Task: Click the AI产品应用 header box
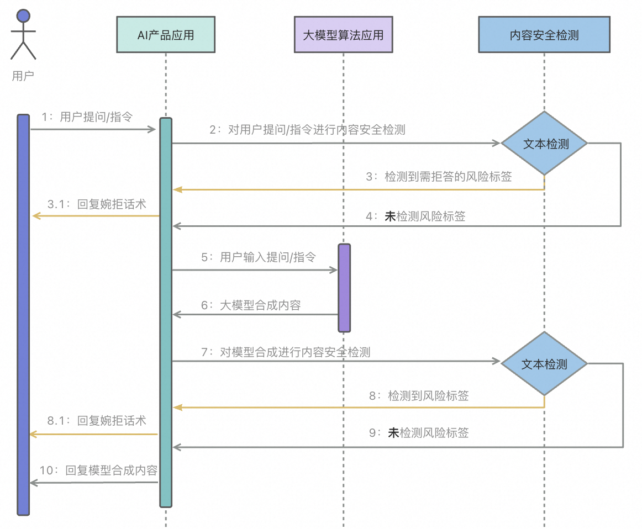[166, 35]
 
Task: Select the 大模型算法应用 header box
[343, 35]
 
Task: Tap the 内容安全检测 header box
[544, 35]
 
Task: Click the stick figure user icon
[23, 34]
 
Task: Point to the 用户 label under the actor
[23, 76]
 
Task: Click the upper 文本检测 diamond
[544, 144]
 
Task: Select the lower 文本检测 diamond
[544, 364]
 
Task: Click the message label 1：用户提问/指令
[87, 117]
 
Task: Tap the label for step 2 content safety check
[307, 130]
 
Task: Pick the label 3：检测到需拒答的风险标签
[439, 177]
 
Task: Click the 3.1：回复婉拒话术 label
[97, 204]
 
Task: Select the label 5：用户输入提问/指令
[259, 257]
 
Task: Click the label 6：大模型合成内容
[251, 305]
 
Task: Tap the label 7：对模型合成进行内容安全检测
[286, 352]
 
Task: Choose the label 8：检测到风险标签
[419, 395]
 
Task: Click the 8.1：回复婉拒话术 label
[97, 421]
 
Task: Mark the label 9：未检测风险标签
[419, 433]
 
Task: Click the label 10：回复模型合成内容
[98, 470]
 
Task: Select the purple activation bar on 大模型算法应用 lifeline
[344, 288]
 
